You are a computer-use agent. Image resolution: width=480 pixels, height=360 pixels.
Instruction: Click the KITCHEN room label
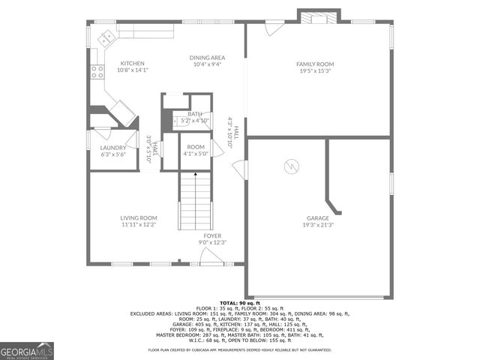coord(132,64)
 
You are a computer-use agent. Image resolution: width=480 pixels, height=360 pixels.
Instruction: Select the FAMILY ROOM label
coord(315,64)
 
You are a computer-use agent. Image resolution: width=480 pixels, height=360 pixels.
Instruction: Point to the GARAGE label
coord(317,217)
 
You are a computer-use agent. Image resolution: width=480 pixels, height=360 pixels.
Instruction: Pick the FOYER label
coord(212,235)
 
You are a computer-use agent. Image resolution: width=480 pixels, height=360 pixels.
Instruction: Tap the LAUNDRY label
coord(113,148)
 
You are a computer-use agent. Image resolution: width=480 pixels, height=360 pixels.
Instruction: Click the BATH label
coord(195,114)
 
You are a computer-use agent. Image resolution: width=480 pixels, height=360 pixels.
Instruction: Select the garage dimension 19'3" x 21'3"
coord(317,224)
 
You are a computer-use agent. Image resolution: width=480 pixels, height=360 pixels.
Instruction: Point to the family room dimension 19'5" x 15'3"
coord(315,71)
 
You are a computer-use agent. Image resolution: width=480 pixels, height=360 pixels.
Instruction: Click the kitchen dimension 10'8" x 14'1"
coord(132,70)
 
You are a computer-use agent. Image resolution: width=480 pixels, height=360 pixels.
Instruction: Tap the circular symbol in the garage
coord(289,166)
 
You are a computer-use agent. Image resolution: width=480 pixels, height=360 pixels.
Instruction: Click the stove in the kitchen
coord(97,72)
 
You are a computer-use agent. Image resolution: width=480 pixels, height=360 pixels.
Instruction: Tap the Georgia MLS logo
coord(27,350)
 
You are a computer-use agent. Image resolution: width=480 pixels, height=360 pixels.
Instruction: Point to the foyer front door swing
coord(211,257)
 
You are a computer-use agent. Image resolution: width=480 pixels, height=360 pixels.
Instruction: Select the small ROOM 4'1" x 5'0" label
coord(196,150)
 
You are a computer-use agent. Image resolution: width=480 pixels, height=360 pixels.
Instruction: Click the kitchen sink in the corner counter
coord(107,35)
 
